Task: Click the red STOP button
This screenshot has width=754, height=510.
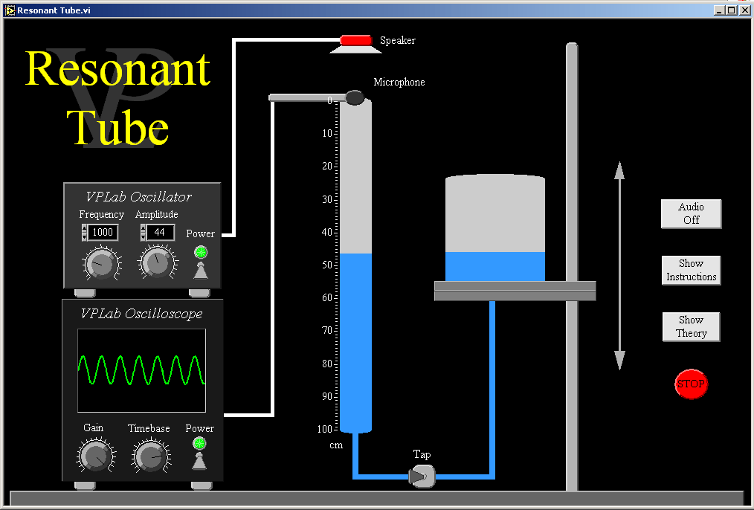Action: click(x=691, y=384)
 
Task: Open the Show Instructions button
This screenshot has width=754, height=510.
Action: click(x=691, y=270)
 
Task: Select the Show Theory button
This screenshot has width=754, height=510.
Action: click(x=691, y=326)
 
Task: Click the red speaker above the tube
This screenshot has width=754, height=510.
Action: click(x=356, y=40)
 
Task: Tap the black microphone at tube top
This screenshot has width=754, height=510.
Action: click(x=355, y=97)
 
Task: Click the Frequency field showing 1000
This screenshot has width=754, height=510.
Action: click(x=103, y=233)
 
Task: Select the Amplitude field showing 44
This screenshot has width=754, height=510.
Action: click(x=159, y=233)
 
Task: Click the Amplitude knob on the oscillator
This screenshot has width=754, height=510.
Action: click(x=156, y=262)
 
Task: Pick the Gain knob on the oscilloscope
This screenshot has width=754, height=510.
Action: click(x=94, y=455)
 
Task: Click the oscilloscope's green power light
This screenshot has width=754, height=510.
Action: click(x=199, y=444)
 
